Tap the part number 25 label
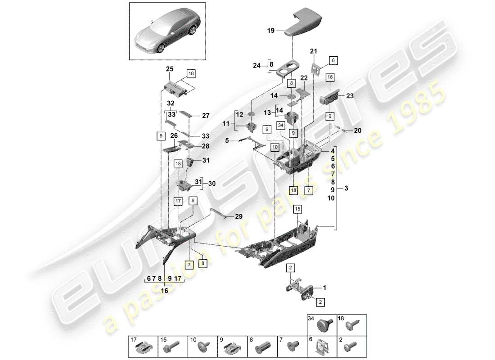point(170,69)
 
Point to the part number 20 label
point(358,131)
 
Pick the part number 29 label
point(238,216)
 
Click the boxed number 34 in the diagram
point(281,125)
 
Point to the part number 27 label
point(206,115)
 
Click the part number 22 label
point(304,78)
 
